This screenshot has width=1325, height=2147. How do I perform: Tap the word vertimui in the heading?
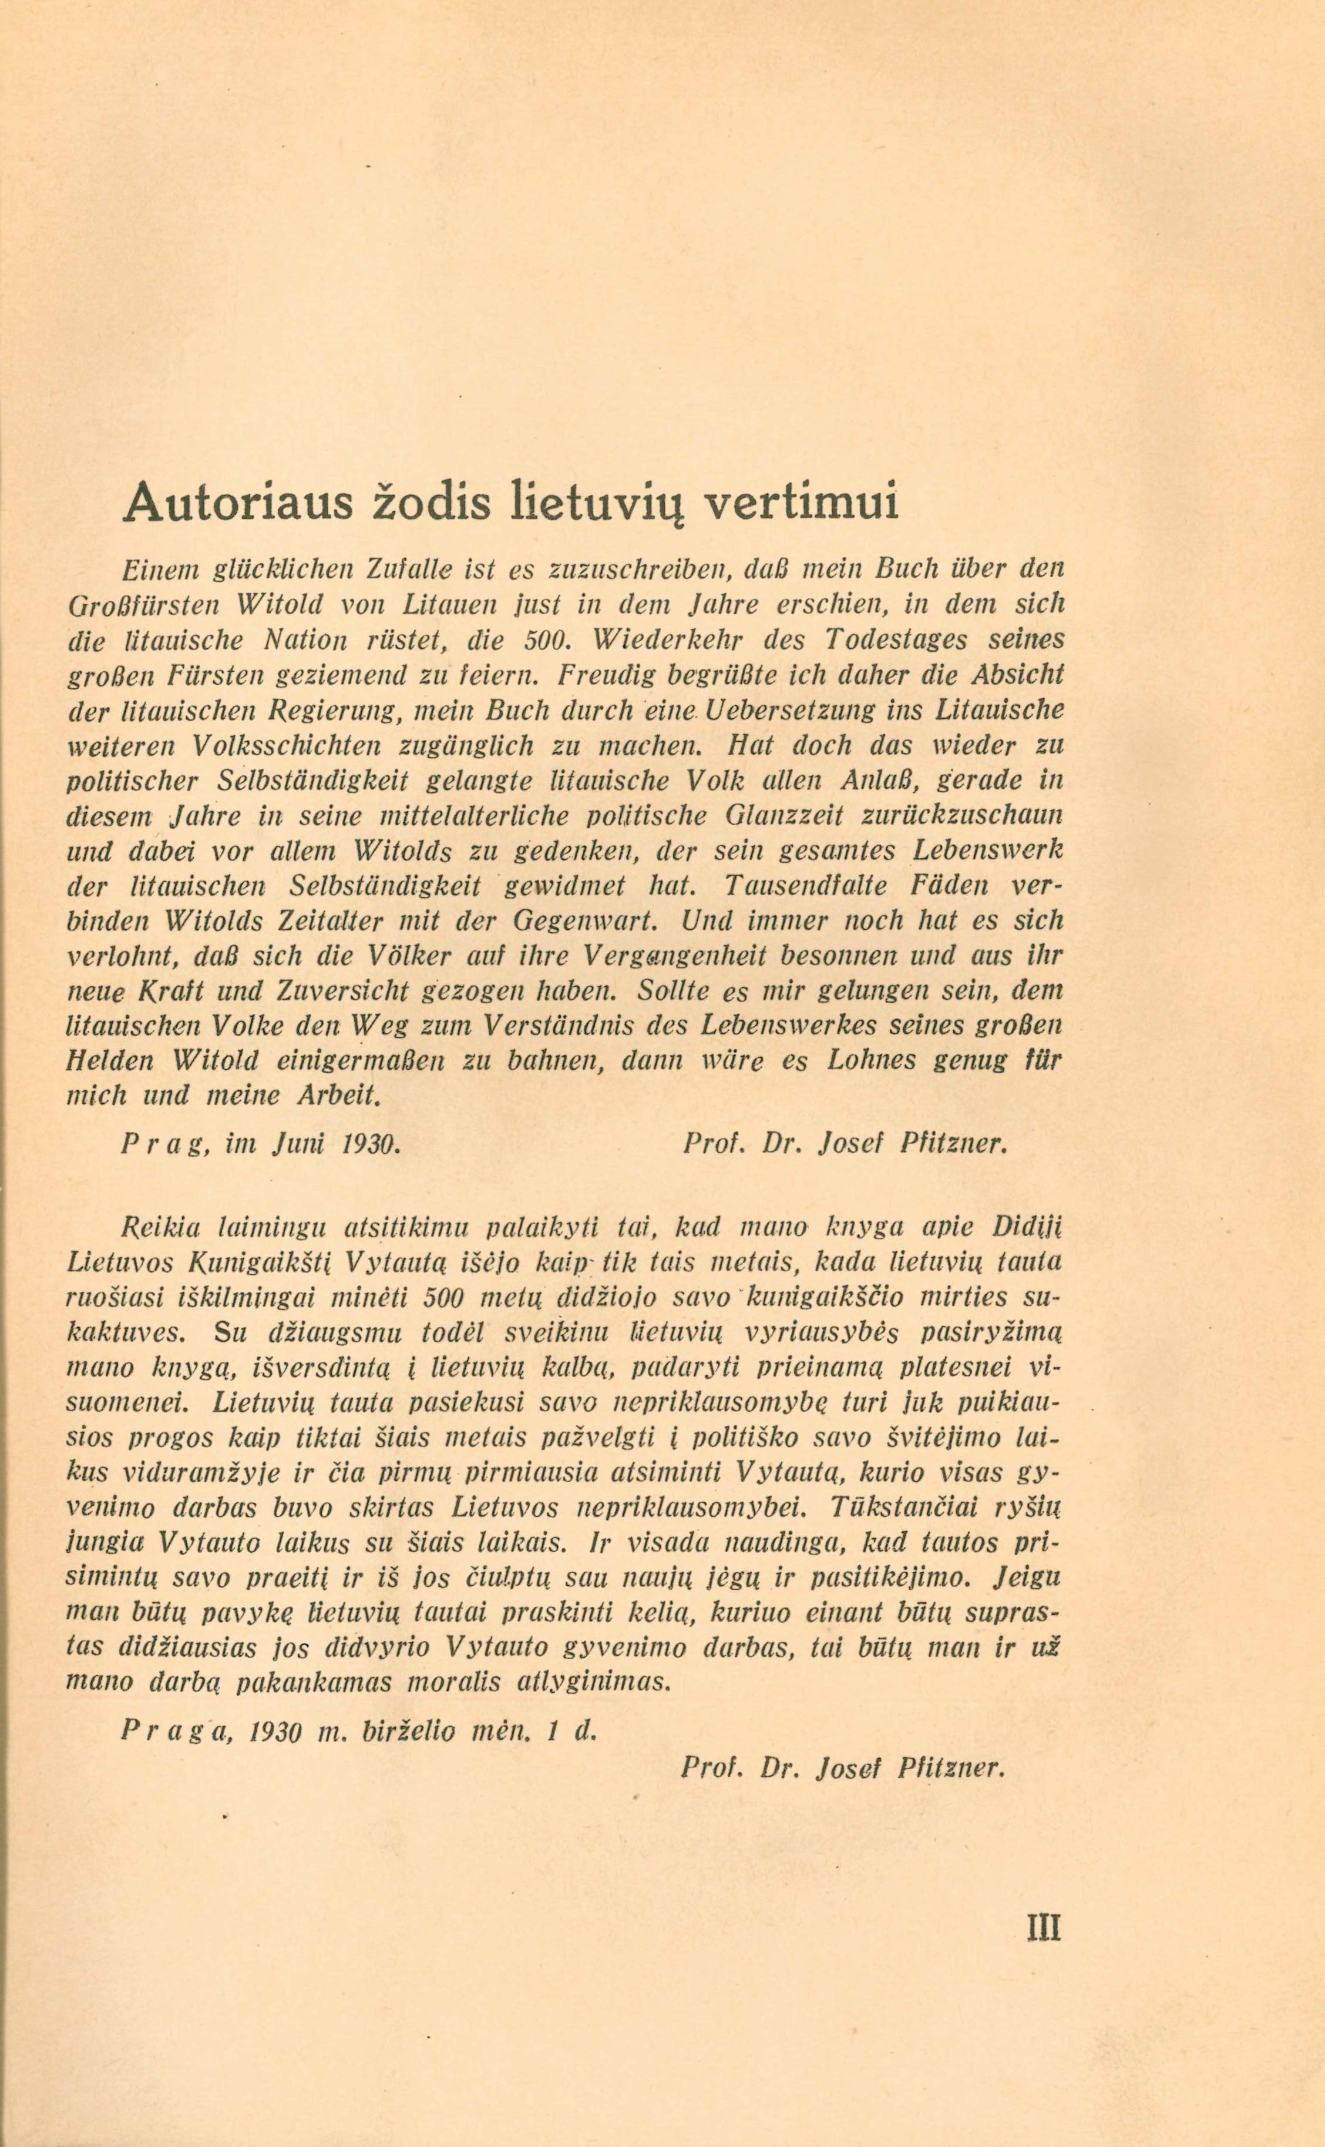[x=802, y=504]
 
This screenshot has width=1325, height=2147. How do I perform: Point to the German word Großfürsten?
[x=136, y=605]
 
